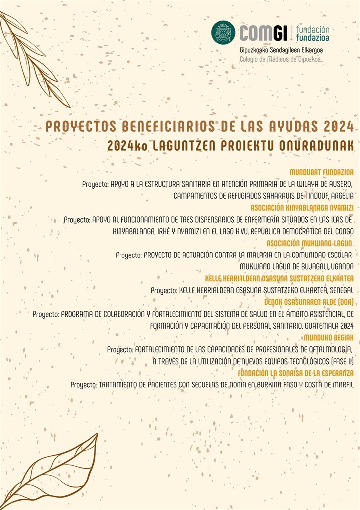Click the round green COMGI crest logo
point(223,33)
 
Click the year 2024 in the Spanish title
point(336,127)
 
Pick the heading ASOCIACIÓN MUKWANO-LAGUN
point(310,243)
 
